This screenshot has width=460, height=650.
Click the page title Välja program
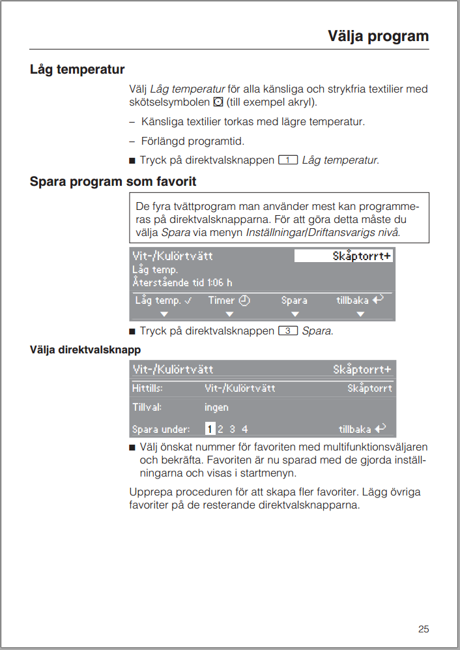378,36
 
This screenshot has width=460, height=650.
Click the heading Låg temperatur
77,69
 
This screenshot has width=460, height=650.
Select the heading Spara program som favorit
113,181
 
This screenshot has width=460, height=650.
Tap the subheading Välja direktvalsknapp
85,349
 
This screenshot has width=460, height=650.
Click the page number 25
424,628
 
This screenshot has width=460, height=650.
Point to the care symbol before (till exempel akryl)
218,103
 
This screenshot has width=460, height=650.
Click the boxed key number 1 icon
288,160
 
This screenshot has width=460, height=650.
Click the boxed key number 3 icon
288,331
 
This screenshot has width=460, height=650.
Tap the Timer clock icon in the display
244,301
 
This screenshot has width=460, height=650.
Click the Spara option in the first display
295,301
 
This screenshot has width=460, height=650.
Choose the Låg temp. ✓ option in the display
164,301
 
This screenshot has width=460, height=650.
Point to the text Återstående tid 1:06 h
182,282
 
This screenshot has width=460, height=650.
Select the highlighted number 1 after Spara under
210,429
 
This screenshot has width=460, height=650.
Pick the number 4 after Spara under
245,429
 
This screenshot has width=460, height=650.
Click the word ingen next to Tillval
216,407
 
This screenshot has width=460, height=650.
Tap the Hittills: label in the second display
147,388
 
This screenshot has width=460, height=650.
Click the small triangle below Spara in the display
295,314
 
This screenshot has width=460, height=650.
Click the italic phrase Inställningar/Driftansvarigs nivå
323,232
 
